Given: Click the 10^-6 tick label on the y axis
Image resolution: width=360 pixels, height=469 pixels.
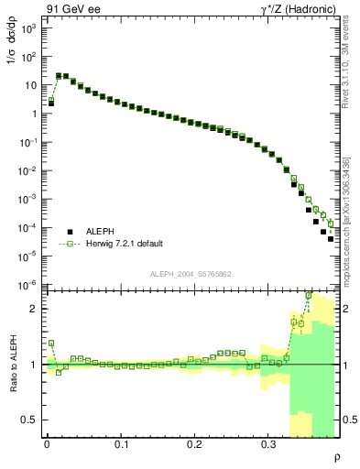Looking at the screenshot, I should click(x=28, y=285).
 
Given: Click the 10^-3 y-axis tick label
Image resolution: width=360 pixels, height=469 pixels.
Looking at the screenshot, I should click(x=28, y=200).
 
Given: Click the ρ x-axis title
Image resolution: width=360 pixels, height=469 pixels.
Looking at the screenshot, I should click(x=336, y=457).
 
